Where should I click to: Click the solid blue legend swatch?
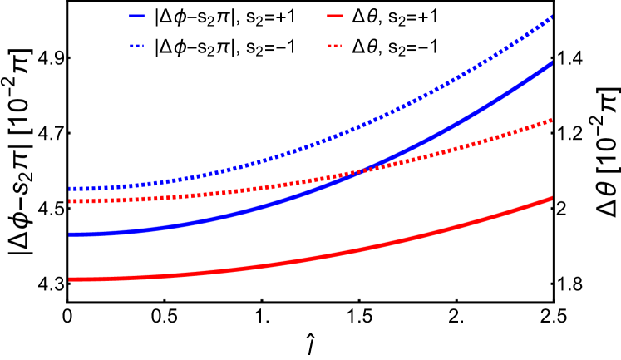pos(136,16)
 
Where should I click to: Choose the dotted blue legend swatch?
pos(136,46)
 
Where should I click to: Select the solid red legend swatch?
pos(334,16)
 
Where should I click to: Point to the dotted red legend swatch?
pos(334,46)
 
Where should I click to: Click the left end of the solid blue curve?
pos(70,234)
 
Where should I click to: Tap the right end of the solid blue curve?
pos(552,63)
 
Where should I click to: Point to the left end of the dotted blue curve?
pos(70,189)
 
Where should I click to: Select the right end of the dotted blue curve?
pos(552,17)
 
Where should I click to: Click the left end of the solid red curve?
pos(70,279)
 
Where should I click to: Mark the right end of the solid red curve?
pos(552,198)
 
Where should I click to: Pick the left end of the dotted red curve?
pos(70,201)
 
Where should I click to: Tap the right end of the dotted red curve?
pos(552,121)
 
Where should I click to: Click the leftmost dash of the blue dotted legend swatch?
pos(131,46)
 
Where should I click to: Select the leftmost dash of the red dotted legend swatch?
pos(329,46)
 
